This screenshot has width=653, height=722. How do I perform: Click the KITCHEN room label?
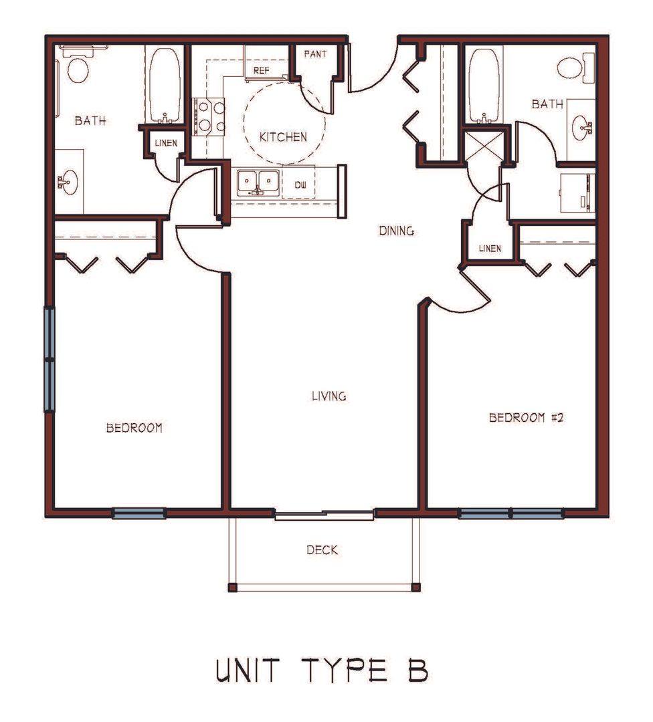point(283,137)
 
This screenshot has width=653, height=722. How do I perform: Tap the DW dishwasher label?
point(300,185)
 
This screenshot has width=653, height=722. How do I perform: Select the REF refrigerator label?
point(262,71)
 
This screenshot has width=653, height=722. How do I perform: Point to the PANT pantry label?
point(315,54)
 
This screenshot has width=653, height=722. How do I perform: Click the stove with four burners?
point(209,117)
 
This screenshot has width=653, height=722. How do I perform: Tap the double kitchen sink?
point(258,183)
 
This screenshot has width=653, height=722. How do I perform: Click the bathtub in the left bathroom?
point(165,86)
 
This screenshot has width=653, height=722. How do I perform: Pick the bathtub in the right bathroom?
point(484,86)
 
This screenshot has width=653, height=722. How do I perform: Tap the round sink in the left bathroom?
point(68,182)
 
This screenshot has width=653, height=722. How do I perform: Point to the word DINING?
point(396,231)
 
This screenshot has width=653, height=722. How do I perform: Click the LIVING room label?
point(329,396)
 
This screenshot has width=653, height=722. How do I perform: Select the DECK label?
point(322,550)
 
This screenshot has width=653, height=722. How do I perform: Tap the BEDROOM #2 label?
point(526,418)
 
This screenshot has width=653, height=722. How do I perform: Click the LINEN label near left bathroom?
point(166,143)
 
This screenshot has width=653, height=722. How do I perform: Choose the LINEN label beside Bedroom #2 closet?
point(490,249)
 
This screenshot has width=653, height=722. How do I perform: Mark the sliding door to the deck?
point(324,515)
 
